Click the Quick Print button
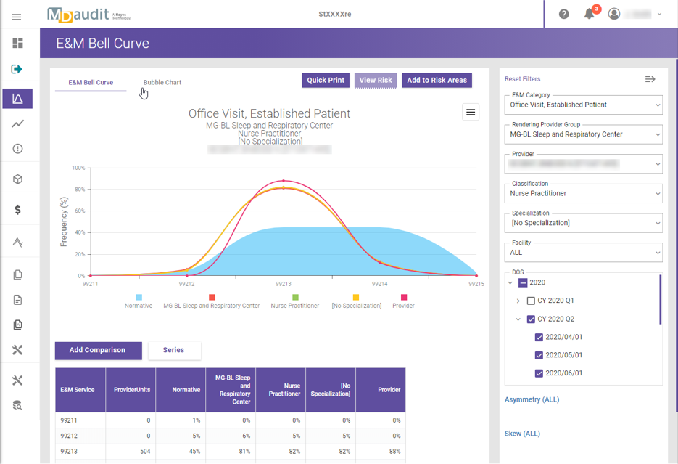pos(326,81)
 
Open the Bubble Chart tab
pos(162,83)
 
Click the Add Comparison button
pos(97,350)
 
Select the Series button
pos(174,350)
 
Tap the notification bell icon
pos(590,14)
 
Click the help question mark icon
pos(563,14)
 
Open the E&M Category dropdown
pos(584,105)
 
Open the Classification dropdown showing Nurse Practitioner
pos(584,194)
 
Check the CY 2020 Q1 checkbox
pos(531,301)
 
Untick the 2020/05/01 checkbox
pos(539,355)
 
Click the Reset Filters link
pos(522,79)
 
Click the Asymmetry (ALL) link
pos(532,399)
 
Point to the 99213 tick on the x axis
pos(283,284)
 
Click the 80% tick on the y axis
pos(78,190)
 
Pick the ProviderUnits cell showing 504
pos(131,451)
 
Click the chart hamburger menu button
pos(471,112)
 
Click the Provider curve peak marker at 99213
pos(284,181)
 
